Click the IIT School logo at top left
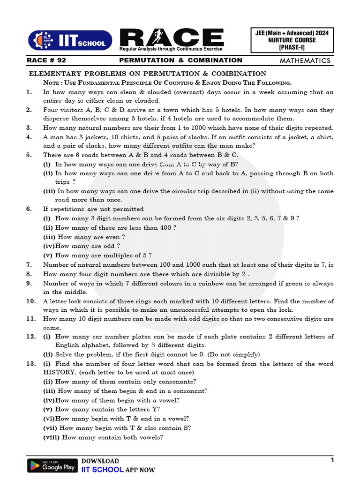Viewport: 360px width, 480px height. [x=70, y=40]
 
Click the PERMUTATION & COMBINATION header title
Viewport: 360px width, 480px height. [x=180, y=60]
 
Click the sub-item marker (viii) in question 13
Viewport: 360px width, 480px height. [x=51, y=437]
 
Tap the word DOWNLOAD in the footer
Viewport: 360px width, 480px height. [x=100, y=461]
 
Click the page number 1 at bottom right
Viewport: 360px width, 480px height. [x=332, y=460]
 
